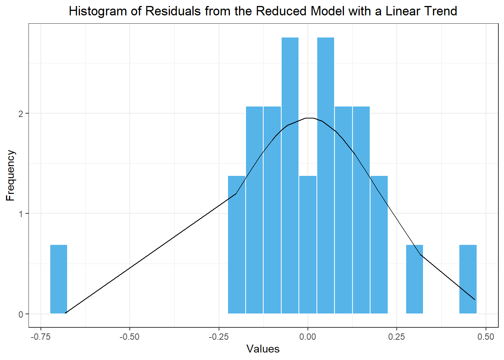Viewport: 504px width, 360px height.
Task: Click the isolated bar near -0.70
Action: coord(58,279)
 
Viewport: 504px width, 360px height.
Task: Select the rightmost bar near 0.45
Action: coord(468,279)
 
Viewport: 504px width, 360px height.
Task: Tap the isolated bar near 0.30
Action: coord(414,279)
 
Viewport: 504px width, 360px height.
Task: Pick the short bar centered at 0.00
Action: coord(308,244)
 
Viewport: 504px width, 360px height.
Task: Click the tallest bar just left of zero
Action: coord(290,175)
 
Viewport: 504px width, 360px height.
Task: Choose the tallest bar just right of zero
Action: coord(325,175)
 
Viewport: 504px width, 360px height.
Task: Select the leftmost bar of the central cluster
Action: coord(237,244)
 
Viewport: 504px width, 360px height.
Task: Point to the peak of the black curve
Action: coord(310,118)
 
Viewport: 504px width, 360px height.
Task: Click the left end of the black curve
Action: coord(66,313)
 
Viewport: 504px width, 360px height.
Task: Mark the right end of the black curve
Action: coord(475,300)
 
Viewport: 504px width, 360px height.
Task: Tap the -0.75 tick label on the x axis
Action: coord(40,337)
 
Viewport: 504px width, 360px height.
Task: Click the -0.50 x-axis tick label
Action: coord(129,337)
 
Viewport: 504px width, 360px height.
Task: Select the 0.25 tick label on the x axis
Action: coord(397,337)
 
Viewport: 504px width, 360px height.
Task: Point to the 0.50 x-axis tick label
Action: coord(486,337)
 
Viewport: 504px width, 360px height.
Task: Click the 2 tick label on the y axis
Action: coord(21,114)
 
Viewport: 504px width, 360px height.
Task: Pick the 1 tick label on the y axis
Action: coord(21,214)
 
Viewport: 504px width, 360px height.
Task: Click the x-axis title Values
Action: coord(263,349)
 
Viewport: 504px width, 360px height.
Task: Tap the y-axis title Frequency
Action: coord(10,175)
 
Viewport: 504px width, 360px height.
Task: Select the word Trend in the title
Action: coord(440,11)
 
